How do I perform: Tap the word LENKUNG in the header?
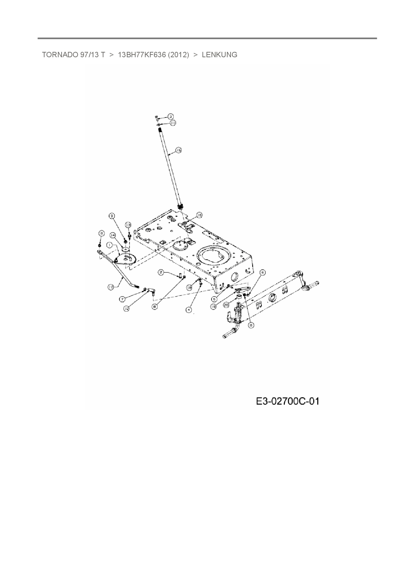tap(219, 55)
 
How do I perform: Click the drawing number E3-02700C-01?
tap(287, 401)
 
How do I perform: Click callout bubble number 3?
tap(170, 116)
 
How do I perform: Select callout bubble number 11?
tap(173, 123)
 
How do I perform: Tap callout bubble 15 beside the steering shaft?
tap(178, 151)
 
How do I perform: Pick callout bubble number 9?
tap(112, 216)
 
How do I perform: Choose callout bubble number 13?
tap(128, 224)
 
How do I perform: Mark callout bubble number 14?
tap(113, 235)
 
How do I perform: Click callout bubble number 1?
tap(109, 245)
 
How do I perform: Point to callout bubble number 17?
tap(110, 287)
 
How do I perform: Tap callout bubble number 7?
tap(123, 298)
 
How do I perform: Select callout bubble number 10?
tap(126, 309)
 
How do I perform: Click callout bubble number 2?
tap(161, 272)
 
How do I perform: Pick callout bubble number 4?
tap(189, 310)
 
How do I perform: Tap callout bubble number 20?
tap(226, 305)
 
